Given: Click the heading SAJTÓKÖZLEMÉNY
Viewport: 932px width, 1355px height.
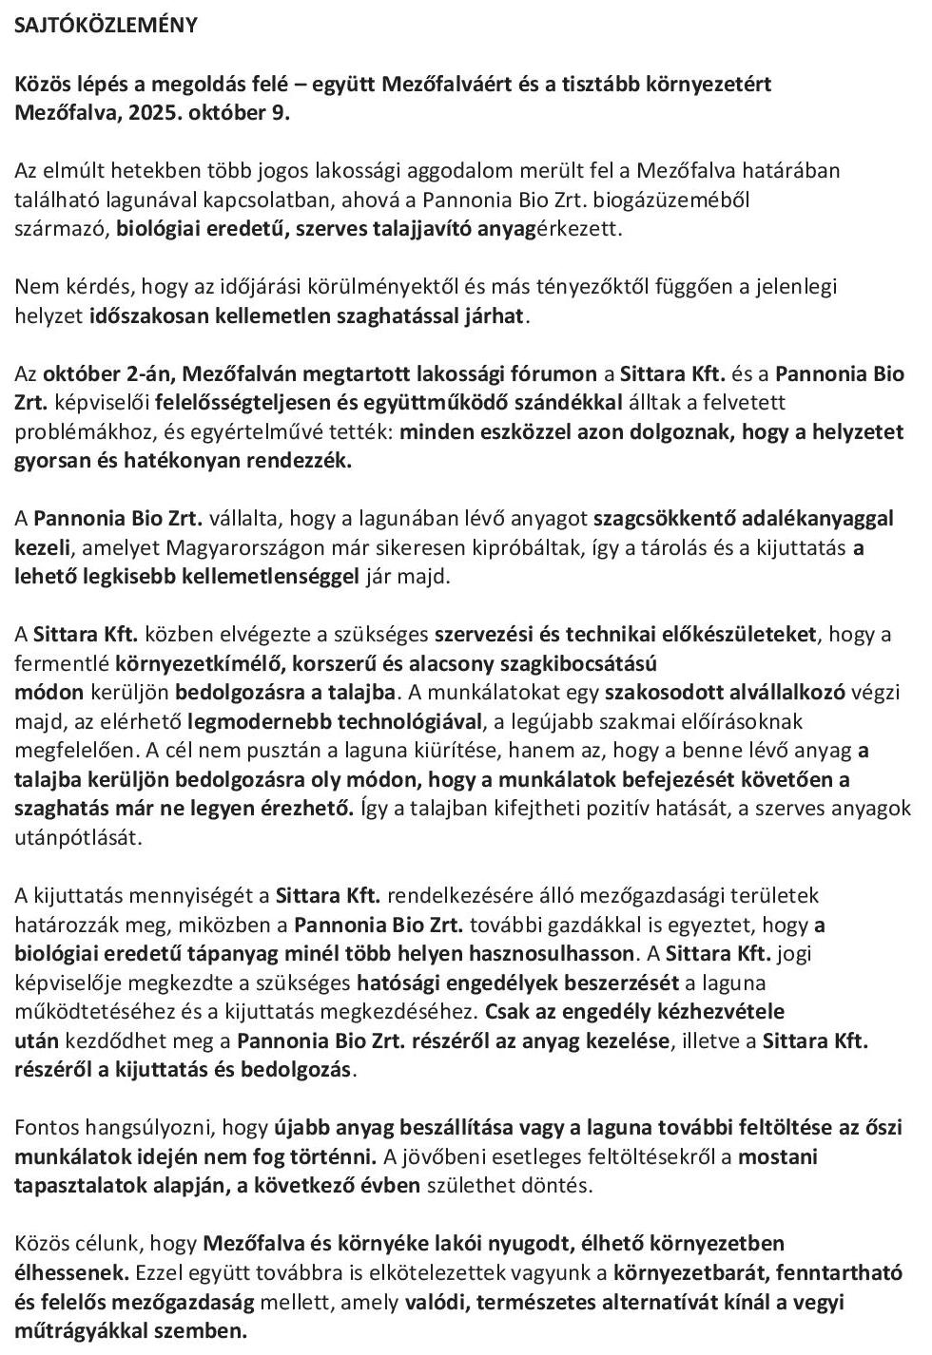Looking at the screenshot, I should click(106, 26).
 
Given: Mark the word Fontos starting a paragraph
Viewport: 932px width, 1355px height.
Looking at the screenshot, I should click(47, 1127).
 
